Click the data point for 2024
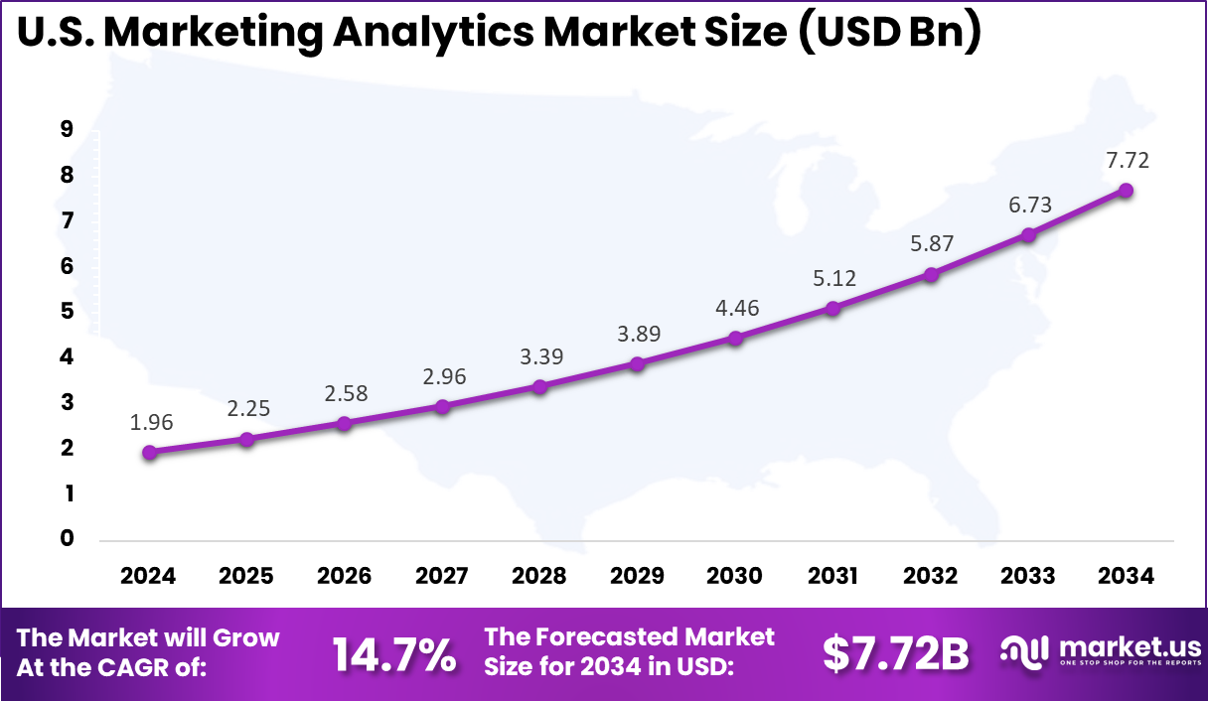(x=149, y=452)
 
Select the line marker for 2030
(x=735, y=338)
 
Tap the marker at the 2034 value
(x=1126, y=190)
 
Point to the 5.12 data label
(x=832, y=279)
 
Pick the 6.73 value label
(x=1028, y=206)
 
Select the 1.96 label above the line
(x=151, y=422)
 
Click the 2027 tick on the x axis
(x=442, y=576)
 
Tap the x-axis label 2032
(x=931, y=576)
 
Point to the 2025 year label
(x=246, y=576)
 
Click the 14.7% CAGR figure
(x=393, y=653)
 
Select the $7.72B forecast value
(x=895, y=653)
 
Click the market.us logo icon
(x=1023, y=650)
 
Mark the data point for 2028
(x=539, y=386)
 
